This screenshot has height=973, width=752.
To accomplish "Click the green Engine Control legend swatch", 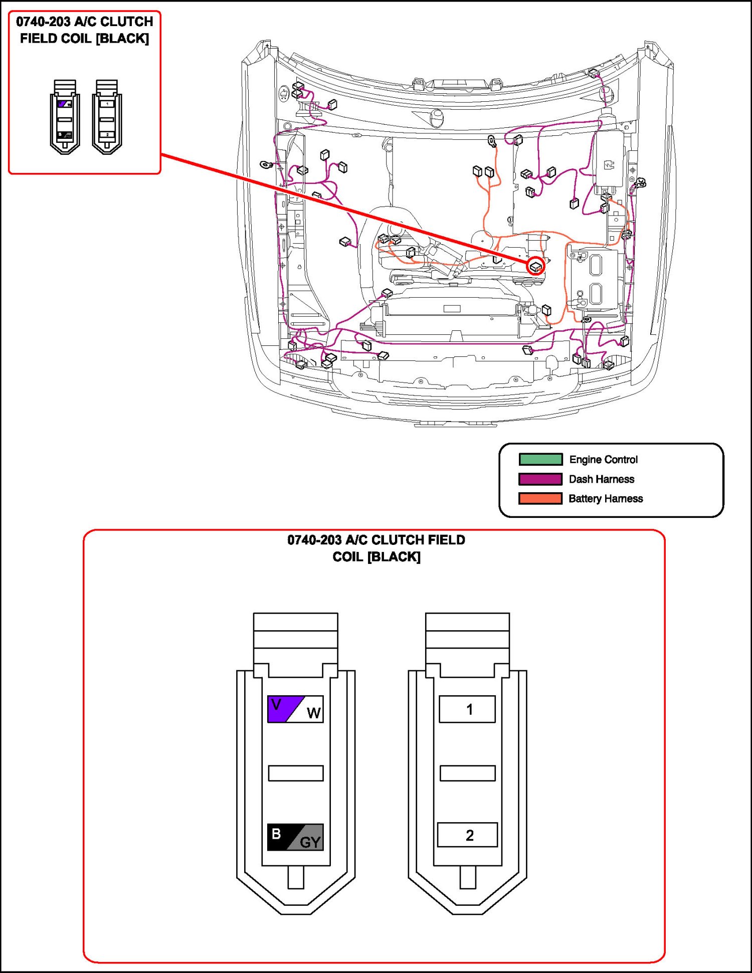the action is pos(540,459).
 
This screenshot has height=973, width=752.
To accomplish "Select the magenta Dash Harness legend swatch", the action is pos(540,479).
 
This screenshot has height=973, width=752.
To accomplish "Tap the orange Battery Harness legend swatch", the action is pos(540,498).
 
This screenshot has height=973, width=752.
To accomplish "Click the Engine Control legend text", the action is pos(603,459).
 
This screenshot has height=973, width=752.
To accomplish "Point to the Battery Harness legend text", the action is pos(606,498).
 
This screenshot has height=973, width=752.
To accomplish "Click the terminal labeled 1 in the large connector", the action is pos(467,709).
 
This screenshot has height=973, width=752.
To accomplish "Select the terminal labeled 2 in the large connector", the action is pos(467,835).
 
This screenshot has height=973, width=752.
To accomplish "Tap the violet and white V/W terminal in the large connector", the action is pos(295,709).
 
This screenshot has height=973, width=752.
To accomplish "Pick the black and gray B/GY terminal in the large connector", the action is pos(295,837).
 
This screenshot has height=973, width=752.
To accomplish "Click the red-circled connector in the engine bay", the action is pos(536,266).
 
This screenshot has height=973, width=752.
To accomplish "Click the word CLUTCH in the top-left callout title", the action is pos(127,22).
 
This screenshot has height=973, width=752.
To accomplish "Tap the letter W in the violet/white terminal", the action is pos(313,713).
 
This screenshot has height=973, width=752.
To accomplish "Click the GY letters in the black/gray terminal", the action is pos(310,842).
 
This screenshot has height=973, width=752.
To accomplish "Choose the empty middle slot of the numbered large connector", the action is pos(467,773).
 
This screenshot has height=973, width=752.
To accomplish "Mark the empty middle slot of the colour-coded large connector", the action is pos(295,773).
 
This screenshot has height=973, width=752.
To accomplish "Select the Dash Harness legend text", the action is pos(601,479).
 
